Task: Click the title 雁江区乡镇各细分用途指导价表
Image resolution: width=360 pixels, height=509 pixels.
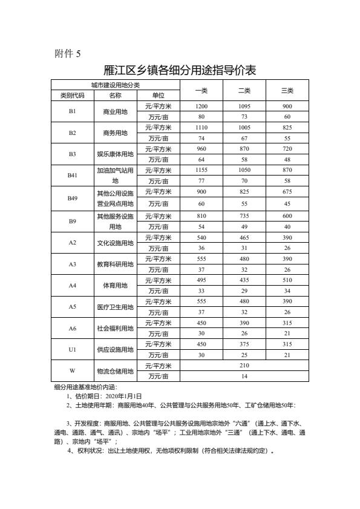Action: click(x=180, y=70)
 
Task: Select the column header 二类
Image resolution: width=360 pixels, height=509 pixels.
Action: click(x=244, y=90)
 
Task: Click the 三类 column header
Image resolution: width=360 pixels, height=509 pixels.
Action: click(x=287, y=90)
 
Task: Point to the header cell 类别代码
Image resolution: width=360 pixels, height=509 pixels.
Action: click(x=73, y=96)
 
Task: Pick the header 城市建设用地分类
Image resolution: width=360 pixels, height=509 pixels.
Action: click(x=116, y=85)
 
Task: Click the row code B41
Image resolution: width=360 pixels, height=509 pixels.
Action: click(x=73, y=176)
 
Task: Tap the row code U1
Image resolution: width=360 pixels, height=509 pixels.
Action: click(x=73, y=349)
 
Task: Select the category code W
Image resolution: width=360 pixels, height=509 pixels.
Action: click(x=73, y=371)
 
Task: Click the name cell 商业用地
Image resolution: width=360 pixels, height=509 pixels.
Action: click(x=116, y=111)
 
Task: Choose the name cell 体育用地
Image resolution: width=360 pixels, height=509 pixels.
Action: click(x=116, y=284)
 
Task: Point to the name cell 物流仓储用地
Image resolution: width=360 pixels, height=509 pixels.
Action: click(x=116, y=371)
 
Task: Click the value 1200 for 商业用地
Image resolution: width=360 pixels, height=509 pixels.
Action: click(x=201, y=106)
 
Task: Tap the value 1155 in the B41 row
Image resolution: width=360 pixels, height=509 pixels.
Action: click(x=201, y=171)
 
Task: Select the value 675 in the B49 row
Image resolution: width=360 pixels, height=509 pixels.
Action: click(x=287, y=192)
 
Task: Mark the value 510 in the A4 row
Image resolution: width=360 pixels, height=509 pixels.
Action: click(x=287, y=279)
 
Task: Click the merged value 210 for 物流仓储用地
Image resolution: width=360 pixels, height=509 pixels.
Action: click(x=244, y=366)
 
